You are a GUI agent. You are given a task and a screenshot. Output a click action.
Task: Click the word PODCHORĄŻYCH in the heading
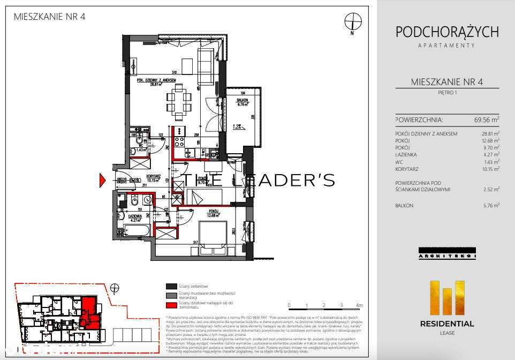(x=446, y=32)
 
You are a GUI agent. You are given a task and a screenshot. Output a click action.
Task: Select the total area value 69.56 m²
(x=486, y=119)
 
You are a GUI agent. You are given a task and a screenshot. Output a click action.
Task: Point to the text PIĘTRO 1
(x=446, y=93)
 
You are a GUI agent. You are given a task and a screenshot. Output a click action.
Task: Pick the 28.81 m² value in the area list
(x=490, y=133)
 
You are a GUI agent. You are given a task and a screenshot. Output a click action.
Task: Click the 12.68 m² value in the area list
(x=490, y=140)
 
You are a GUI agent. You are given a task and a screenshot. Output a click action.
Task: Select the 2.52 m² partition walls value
(x=491, y=189)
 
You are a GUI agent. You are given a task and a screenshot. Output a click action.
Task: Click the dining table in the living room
(x=179, y=101)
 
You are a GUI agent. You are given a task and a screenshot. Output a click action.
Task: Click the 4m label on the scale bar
(x=359, y=305)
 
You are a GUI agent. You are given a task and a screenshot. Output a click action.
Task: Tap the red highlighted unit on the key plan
(x=89, y=312)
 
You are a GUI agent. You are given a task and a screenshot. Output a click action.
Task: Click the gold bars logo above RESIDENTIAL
(x=446, y=297)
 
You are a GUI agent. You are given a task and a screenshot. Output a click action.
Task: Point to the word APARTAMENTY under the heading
(x=446, y=46)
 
